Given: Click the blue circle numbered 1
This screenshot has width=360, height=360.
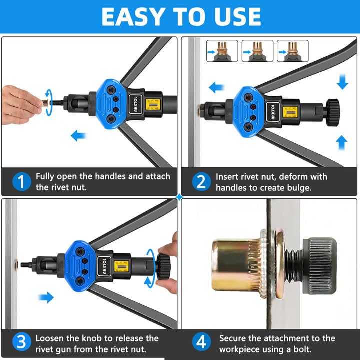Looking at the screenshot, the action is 22,182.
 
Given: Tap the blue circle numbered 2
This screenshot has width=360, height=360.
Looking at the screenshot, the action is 201,182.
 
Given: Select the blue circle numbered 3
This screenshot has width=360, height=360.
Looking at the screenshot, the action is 22,342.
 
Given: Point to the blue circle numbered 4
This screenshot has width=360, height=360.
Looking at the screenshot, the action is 201,342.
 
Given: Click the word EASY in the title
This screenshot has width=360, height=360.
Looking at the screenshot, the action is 132,17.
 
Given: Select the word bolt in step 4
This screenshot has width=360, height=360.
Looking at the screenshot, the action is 302,349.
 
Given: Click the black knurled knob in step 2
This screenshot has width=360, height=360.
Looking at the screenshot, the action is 332,112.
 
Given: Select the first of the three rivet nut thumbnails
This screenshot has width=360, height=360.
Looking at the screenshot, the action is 222,51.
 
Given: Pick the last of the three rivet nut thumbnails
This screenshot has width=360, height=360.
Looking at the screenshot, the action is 293,51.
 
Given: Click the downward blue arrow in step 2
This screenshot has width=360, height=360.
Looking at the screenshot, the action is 342,81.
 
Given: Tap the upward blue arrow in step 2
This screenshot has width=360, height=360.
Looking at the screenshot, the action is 342,143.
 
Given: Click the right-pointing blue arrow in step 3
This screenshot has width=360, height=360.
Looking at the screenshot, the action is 46,297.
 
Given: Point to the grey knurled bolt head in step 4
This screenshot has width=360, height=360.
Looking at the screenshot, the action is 320,266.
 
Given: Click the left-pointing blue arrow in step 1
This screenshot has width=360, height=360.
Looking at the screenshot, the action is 79,136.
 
